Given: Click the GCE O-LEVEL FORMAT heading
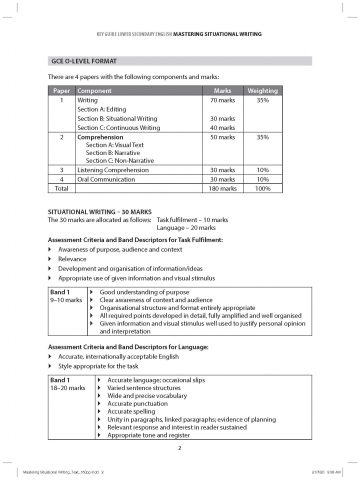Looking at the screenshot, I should click(x=85, y=61).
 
